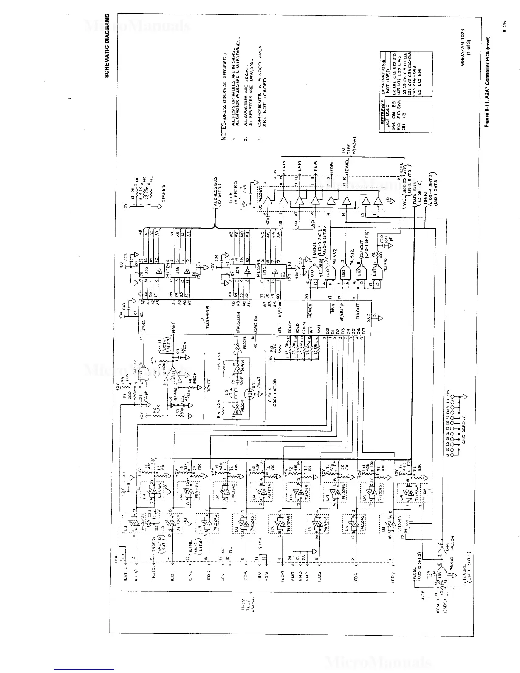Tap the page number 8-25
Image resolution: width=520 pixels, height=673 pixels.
(509, 42)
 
